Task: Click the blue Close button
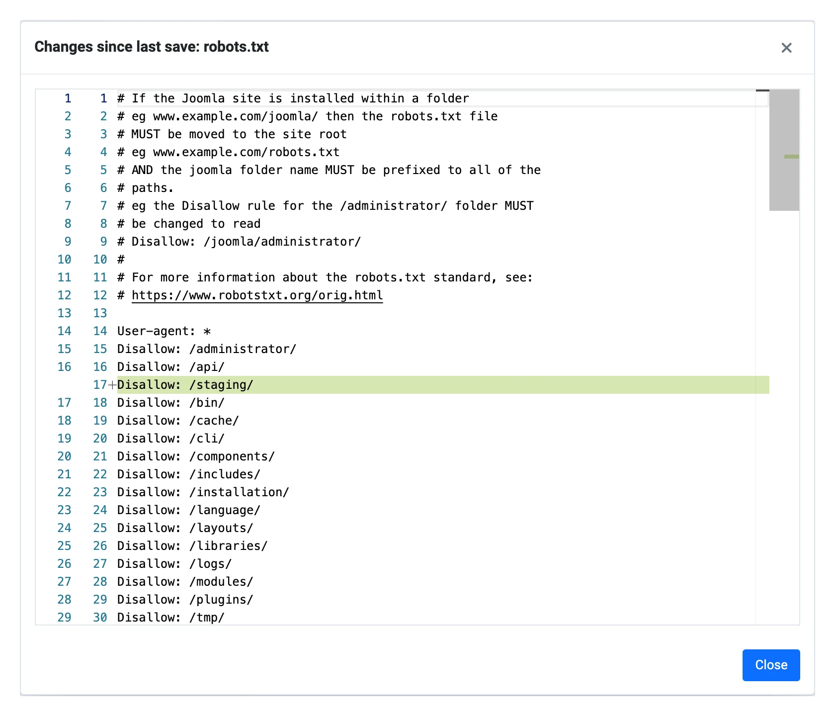(771, 665)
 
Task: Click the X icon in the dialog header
(786, 48)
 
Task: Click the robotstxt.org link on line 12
(257, 295)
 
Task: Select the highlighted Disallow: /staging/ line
(185, 385)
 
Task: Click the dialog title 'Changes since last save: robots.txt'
(152, 47)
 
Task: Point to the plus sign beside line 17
(112, 385)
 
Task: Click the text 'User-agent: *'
(164, 331)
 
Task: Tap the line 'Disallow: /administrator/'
(207, 349)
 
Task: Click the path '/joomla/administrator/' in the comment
(282, 242)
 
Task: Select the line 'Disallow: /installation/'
(203, 492)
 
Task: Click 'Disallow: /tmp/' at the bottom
(171, 618)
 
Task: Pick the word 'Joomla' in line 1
(203, 98)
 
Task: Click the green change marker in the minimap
(792, 157)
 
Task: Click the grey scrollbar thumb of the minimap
(784, 150)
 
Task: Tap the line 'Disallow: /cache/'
(178, 421)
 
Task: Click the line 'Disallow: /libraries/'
(192, 546)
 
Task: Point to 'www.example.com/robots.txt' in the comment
(247, 152)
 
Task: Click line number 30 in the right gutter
(100, 618)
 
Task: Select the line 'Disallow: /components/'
(196, 456)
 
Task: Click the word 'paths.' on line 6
(153, 188)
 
